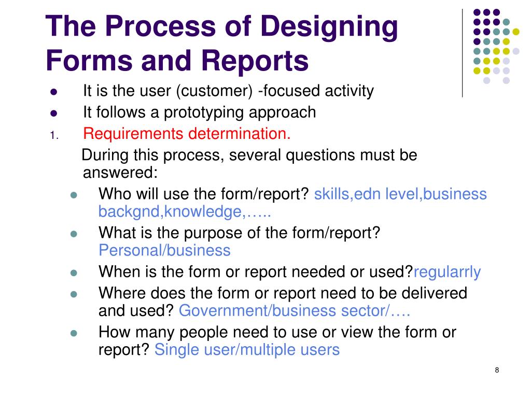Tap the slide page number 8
tap(497, 369)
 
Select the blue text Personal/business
tap(164, 251)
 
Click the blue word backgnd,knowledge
tap(170, 211)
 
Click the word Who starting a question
tap(114, 194)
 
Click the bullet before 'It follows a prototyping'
tap(53, 113)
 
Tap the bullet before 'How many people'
tap(74, 333)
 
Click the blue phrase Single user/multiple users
tap(247, 350)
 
